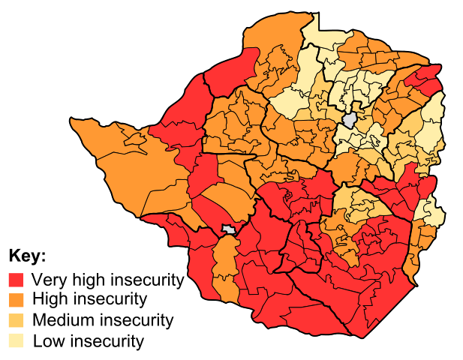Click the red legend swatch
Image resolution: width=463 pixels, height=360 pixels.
click(x=16, y=280)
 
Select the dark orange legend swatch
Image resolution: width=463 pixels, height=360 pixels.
click(x=16, y=300)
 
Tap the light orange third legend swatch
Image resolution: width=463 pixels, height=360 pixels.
click(x=16, y=320)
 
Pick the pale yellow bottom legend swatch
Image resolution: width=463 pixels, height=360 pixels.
click(x=16, y=340)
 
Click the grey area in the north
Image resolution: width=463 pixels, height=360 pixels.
click(x=349, y=120)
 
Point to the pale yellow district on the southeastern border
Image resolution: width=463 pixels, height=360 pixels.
click(x=434, y=211)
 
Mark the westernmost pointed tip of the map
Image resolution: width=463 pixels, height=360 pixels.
click(x=72, y=120)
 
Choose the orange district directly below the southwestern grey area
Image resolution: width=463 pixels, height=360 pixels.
click(x=224, y=255)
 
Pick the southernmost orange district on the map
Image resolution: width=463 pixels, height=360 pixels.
click(x=226, y=289)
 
